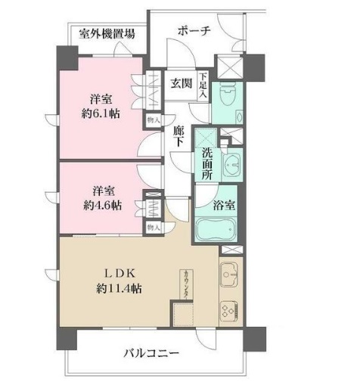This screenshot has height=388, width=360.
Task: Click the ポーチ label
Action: (194, 31)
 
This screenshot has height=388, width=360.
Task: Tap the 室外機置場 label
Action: (108, 34)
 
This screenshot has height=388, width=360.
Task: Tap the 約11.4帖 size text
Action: (116, 288)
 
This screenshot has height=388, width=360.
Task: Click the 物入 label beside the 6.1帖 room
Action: (153, 119)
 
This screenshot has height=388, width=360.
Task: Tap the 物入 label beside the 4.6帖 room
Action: (153, 227)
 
